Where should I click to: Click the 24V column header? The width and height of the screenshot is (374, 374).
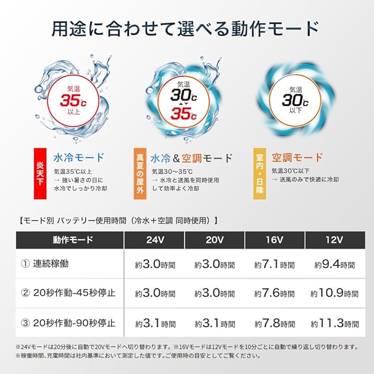(155, 240)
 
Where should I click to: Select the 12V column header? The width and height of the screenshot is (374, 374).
(334, 240)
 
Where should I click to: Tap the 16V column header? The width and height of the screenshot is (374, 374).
(274, 240)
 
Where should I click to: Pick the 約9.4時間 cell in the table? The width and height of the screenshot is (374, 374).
(334, 264)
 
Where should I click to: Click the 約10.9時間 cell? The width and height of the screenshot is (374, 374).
(334, 293)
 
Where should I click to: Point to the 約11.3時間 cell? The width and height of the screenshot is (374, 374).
(334, 323)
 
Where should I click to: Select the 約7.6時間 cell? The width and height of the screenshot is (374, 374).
(274, 293)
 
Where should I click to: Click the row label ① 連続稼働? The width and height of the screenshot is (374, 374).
(45, 264)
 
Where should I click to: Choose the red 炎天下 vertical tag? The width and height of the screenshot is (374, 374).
(40, 174)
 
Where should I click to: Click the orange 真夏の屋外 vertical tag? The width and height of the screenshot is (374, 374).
(140, 174)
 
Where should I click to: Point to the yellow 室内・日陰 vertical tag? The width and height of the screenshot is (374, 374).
(259, 174)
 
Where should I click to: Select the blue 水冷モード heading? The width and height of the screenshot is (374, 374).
(79, 158)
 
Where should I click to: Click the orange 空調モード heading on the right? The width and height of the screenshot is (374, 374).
(297, 158)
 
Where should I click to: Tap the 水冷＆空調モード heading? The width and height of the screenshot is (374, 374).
(192, 158)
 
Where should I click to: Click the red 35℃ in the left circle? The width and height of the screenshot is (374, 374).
(73, 100)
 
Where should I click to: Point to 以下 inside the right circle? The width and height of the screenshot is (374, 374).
(296, 110)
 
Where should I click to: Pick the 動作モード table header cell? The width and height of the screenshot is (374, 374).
(73, 240)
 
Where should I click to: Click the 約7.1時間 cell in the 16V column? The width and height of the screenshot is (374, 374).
(274, 264)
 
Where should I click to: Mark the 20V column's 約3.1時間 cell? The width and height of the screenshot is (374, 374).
(215, 323)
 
